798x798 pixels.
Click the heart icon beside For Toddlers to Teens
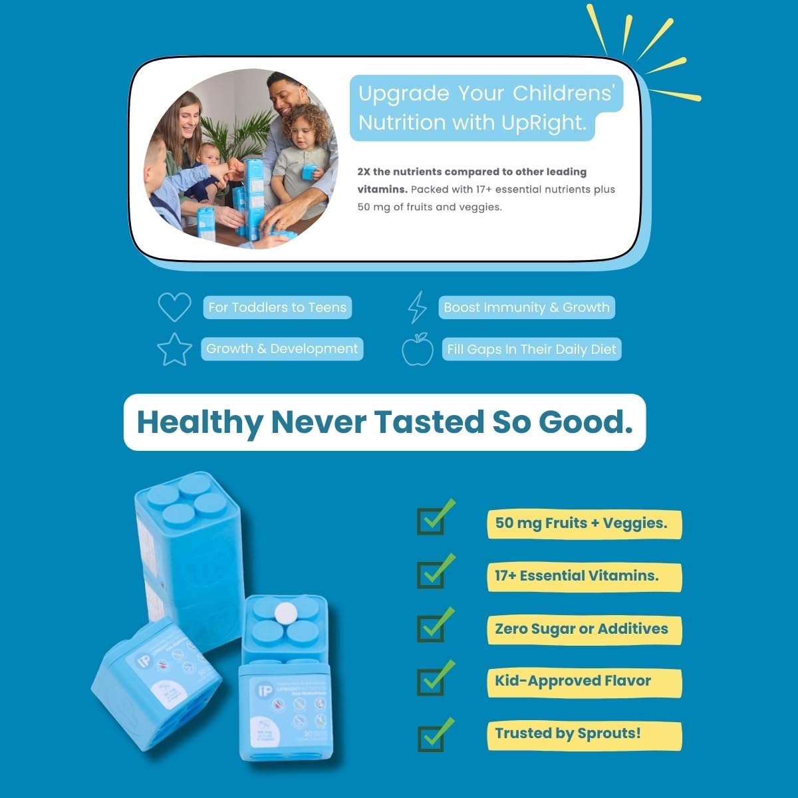174,307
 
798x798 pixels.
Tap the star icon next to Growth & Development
174,349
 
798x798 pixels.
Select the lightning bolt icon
417,307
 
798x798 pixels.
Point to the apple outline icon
418,350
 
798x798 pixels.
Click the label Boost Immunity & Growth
526,307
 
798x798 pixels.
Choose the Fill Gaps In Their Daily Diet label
531,349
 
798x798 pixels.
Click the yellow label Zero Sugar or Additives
581,629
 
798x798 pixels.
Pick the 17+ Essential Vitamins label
577,576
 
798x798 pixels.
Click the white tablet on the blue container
286,611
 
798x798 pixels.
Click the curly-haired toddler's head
305,129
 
